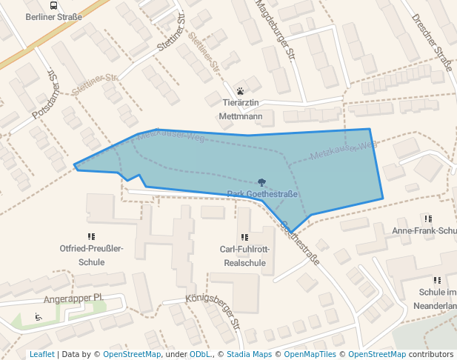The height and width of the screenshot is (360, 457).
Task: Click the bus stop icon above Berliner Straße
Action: [53, 4]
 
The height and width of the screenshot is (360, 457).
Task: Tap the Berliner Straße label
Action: [53, 16]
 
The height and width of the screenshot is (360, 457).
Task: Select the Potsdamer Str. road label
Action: [44, 94]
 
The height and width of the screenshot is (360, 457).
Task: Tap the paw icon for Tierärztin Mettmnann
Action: [241, 90]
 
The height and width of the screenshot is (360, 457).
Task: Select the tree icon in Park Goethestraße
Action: [261, 182]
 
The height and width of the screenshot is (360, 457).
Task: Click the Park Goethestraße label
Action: [262, 195]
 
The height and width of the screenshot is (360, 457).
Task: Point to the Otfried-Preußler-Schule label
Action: [91, 256]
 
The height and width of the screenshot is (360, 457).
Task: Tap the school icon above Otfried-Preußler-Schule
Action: [91, 236]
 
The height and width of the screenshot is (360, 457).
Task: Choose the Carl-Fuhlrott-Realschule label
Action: [244, 256]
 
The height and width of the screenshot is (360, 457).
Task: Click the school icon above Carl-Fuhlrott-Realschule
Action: [244, 237]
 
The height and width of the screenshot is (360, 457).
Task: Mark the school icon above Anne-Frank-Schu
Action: [427, 219]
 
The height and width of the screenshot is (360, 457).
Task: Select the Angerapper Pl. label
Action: [73, 299]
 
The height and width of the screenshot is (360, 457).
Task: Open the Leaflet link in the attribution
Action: [41, 354]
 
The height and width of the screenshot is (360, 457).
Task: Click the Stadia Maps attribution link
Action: [249, 354]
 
